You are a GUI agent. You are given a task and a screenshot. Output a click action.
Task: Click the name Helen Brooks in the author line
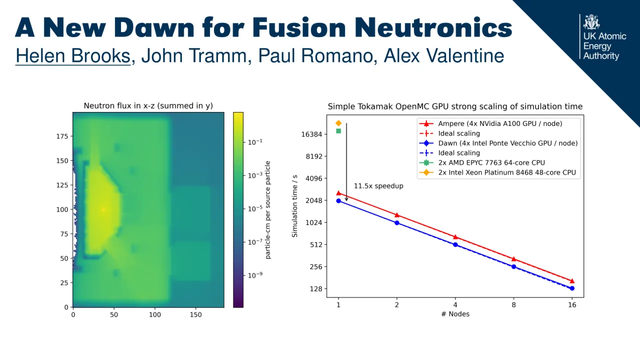(73, 55)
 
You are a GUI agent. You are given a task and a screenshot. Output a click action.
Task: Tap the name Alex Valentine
(443, 55)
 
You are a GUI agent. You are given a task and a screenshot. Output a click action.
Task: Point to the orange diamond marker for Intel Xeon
(338, 123)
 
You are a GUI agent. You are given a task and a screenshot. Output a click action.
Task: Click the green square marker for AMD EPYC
(338, 131)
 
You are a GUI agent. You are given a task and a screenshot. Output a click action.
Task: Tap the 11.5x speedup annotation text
(378, 186)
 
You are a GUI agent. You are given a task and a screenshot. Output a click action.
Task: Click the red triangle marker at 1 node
(338, 193)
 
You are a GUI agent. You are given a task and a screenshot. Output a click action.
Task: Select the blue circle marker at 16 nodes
(572, 288)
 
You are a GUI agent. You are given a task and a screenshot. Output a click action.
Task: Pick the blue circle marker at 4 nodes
(455, 244)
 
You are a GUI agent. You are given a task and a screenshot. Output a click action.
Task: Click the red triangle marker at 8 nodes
(513, 259)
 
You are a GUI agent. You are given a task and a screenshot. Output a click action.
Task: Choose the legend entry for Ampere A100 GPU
(500, 123)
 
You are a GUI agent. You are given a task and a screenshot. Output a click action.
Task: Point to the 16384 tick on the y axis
(310, 134)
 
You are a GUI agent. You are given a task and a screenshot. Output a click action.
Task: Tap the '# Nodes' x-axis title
(455, 314)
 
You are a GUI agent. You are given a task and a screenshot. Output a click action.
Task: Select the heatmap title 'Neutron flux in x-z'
(148, 105)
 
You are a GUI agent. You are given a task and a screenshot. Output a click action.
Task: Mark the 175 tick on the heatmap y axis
(61, 136)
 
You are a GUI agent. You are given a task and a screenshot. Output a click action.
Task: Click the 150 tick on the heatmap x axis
(195, 314)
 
